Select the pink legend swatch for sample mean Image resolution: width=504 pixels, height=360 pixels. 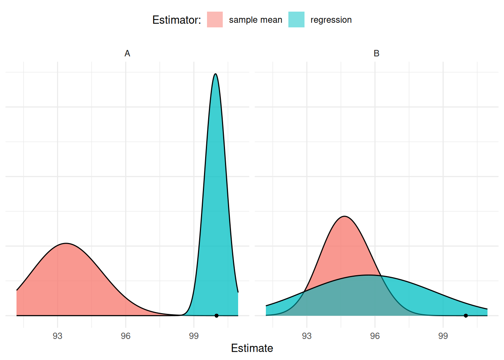(215, 19)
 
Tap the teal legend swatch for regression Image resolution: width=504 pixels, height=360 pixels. (296, 19)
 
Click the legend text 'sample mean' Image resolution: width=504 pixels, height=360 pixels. (255, 20)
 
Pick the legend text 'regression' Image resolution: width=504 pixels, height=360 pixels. (331, 20)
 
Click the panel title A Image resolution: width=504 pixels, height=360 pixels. (127, 54)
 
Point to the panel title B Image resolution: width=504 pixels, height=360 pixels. (376, 54)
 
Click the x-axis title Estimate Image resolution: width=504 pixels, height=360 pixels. (252, 348)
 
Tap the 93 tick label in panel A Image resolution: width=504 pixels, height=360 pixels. (58, 336)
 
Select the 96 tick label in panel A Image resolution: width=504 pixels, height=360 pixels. (126, 336)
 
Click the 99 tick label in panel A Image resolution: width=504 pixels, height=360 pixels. (194, 336)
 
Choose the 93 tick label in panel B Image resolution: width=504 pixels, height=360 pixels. (307, 336)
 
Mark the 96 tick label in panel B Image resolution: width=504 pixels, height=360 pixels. (375, 336)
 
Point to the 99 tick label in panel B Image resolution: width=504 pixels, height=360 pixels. (443, 336)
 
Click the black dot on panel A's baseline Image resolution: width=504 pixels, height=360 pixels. (216, 316)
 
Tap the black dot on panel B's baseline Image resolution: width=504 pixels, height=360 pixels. (466, 316)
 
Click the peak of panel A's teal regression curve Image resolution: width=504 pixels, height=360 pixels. (215, 74)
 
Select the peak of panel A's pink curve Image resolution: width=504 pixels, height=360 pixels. (66, 244)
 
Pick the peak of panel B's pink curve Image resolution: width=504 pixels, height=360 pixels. (344, 216)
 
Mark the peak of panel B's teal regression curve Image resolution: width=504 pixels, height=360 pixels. (368, 275)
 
